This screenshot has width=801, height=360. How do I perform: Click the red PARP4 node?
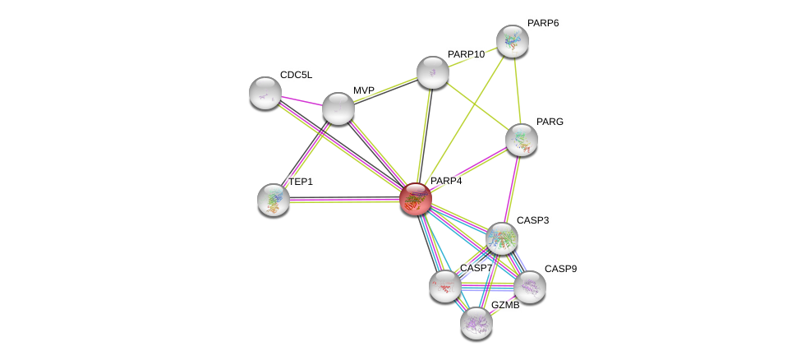416,198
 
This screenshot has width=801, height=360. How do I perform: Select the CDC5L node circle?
265,93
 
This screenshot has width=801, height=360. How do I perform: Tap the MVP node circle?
338,108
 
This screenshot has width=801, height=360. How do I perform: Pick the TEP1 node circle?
274,200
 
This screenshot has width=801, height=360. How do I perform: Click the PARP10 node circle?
433,72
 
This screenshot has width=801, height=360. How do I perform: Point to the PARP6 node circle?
512,41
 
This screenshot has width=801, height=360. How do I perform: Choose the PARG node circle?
521,140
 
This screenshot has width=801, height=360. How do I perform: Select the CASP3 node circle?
501,238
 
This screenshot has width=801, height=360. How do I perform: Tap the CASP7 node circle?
444,286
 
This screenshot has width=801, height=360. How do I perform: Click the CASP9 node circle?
530,287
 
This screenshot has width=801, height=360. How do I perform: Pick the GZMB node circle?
476,323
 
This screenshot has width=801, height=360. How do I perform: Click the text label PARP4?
446,181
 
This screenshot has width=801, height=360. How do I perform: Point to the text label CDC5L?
296,75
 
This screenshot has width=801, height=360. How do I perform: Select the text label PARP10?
466,54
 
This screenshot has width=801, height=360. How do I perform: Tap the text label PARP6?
542,23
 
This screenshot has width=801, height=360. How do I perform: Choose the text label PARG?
550,122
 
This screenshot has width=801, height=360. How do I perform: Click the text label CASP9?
560,269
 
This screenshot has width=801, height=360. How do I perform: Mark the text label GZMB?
504,305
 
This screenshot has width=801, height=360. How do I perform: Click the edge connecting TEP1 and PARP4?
345,200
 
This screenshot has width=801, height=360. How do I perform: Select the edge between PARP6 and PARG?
517,90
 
